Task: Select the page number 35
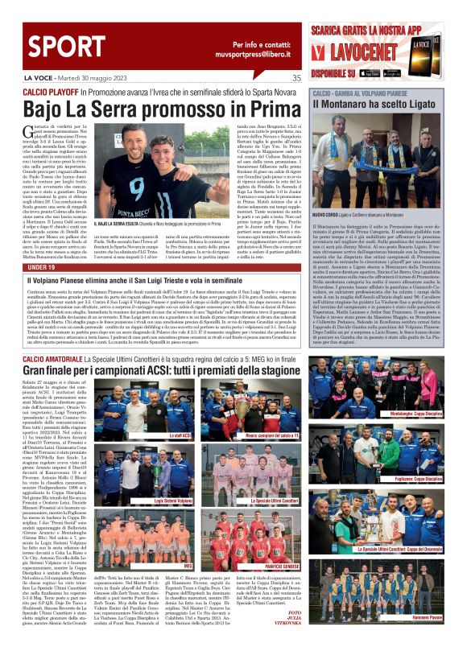296,78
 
